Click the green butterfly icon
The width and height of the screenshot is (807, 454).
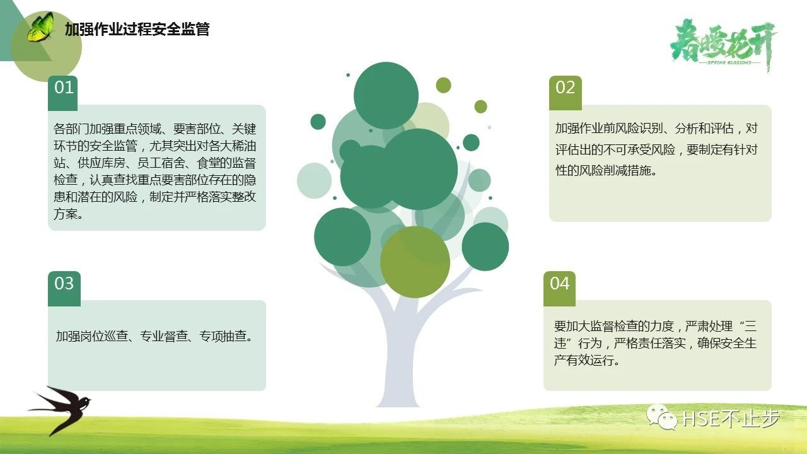(x=40, y=27)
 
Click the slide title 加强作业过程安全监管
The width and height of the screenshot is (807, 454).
(x=137, y=29)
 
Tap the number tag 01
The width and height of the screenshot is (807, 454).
(x=63, y=92)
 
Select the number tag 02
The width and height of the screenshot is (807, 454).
(x=566, y=92)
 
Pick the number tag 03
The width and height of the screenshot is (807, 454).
(x=64, y=288)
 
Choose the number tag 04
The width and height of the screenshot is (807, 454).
(x=559, y=288)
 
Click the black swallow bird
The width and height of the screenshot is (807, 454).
(x=59, y=410)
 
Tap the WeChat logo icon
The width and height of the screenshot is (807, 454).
(x=662, y=417)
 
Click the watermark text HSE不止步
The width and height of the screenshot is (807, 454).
(x=731, y=418)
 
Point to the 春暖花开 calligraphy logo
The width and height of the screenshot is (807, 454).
(x=723, y=45)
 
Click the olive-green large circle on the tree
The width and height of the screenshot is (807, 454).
(x=415, y=262)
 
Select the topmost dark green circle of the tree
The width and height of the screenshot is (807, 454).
(x=386, y=95)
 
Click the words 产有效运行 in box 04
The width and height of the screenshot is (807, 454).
(x=584, y=360)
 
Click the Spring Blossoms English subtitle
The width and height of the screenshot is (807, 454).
(x=729, y=62)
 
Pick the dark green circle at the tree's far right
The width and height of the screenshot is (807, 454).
(x=485, y=247)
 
